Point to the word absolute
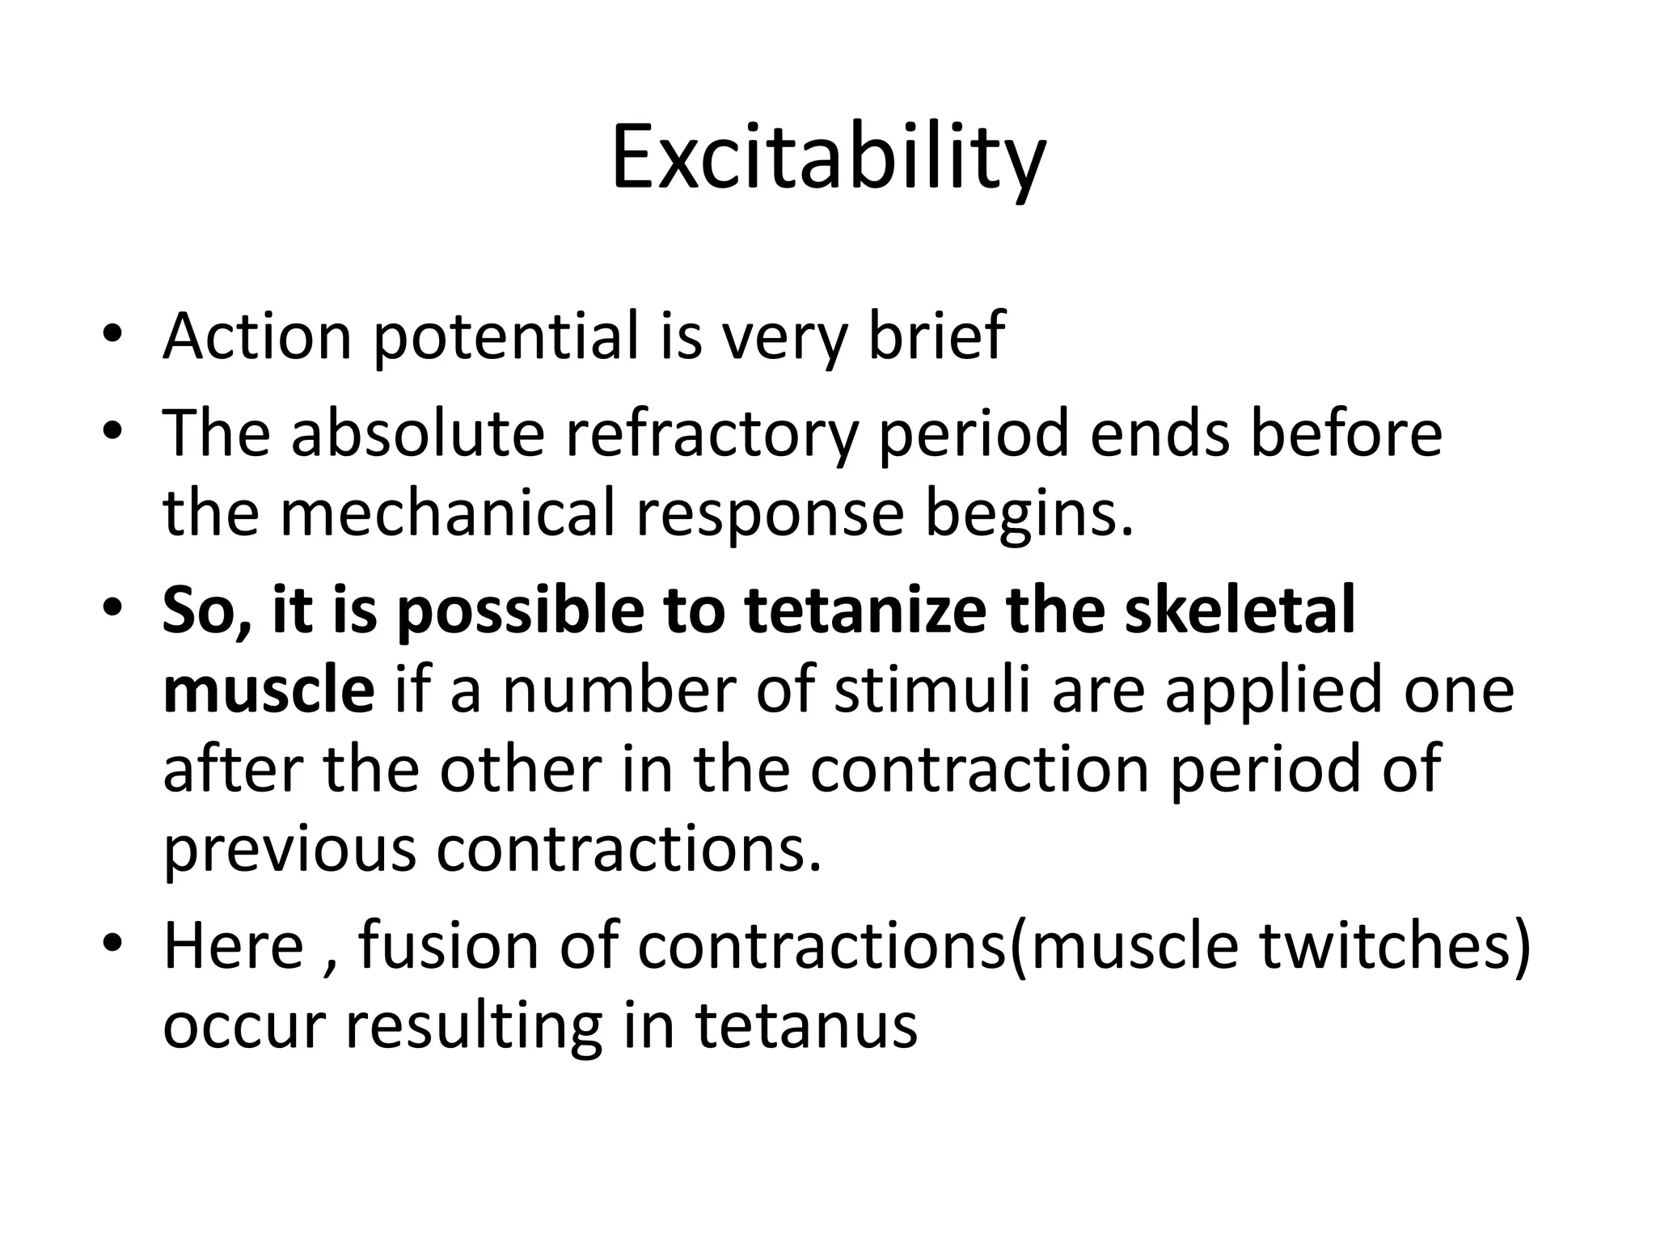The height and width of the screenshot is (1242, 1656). (x=417, y=433)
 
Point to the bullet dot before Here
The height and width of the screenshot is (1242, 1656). (x=112, y=946)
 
